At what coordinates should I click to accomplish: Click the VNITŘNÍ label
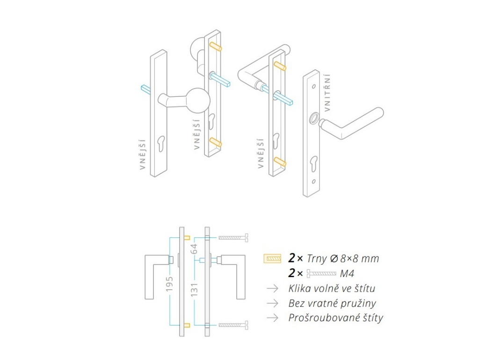pos(327,92)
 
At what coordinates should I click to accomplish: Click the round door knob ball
pos(198,101)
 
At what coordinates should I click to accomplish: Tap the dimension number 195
pos(169,283)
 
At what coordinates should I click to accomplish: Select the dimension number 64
pos(194,249)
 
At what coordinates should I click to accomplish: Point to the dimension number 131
pos(194,289)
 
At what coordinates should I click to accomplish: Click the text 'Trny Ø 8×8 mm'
pos(343,258)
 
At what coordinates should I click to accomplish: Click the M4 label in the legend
pos(347,273)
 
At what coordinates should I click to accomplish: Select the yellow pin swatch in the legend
pos(272,258)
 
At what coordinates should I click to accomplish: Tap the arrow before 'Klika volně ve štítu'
pos(272,288)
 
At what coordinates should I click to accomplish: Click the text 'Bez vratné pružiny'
pos(332,303)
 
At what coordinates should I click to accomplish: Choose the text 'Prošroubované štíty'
pos(335,318)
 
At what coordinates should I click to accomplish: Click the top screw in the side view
pos(233,237)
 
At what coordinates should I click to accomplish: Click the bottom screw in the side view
pos(233,325)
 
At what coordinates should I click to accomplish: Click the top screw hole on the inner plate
pos(314,87)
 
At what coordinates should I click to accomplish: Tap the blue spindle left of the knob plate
pos(146,89)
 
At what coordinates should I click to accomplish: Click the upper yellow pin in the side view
pos(187,238)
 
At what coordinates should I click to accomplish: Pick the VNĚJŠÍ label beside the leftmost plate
pos(143,154)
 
